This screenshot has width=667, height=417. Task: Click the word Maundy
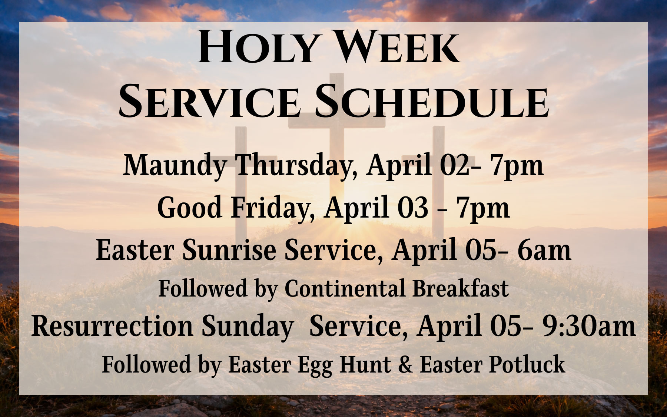pos(174,166)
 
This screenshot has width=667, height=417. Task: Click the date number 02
pos(456,166)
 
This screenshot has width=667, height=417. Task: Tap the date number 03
pos(411,208)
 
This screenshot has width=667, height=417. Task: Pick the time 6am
pos(544,250)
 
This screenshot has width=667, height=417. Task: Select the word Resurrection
pos(112,326)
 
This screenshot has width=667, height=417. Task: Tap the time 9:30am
pos(589,326)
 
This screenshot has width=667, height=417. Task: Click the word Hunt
pos(365,365)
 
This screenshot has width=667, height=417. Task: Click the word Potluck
pos(527,365)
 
